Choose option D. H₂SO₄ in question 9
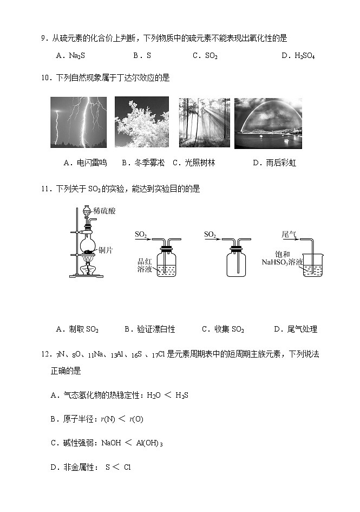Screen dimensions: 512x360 click(x=298, y=55)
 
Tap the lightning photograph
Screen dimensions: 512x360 click(x=78, y=122)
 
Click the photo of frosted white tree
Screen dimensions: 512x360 click(x=142, y=122)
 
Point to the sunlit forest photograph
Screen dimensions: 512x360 click(x=204, y=122)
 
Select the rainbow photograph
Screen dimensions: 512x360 click(x=268, y=123)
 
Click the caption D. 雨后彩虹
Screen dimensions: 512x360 click(x=274, y=163)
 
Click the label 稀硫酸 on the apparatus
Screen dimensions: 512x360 click(x=104, y=211)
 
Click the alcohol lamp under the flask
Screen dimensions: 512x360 click(x=86, y=267)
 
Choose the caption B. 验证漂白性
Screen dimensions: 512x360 click(x=150, y=329)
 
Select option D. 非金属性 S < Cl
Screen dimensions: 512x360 click(x=90, y=467)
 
